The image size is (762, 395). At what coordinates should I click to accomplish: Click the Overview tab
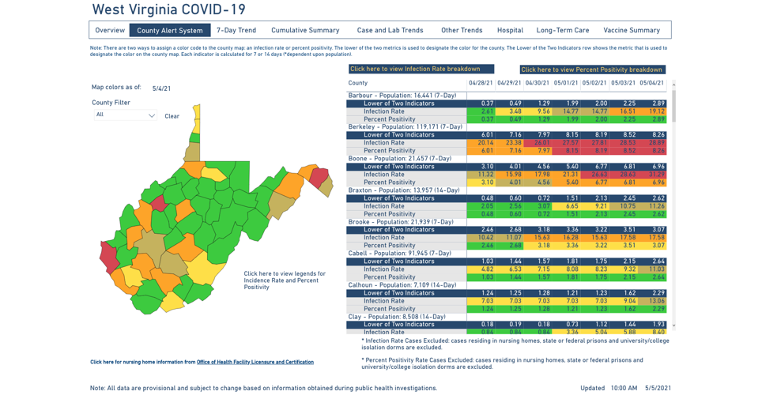[110, 31]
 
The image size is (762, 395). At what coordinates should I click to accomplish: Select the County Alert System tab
[169, 31]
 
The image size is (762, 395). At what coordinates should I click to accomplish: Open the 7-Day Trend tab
[236, 31]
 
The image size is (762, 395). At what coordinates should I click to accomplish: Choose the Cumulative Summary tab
[305, 31]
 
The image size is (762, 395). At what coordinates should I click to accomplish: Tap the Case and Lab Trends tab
[390, 31]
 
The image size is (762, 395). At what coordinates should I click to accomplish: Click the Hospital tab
[510, 31]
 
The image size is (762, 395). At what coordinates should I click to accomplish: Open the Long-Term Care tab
[563, 31]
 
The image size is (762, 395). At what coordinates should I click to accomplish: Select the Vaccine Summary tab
[632, 31]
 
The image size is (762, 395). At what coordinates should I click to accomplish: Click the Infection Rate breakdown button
[421, 70]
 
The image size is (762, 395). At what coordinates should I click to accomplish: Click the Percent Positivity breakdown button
[591, 70]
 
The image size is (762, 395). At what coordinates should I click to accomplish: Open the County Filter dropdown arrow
[152, 115]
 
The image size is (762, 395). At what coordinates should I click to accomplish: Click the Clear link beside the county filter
[172, 116]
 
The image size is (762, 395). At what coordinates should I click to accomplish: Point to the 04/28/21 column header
[481, 83]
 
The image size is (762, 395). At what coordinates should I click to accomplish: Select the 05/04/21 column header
[651, 83]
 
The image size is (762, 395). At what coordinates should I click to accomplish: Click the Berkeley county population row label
[406, 127]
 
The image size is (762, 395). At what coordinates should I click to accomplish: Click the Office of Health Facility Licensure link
[255, 363]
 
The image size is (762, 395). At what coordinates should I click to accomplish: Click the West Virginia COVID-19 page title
[168, 10]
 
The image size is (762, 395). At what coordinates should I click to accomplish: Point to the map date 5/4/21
[161, 88]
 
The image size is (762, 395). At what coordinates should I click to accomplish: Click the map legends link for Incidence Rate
[285, 280]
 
